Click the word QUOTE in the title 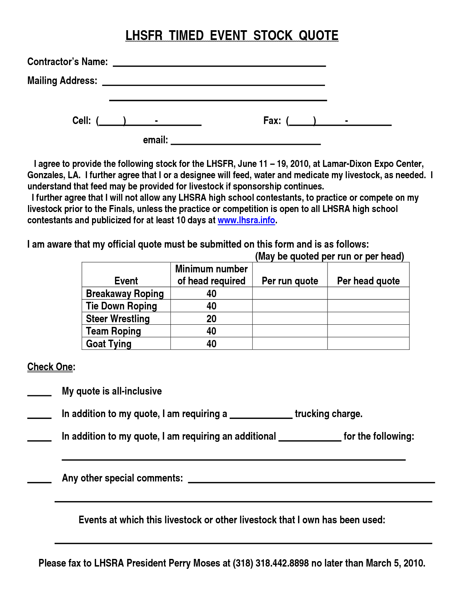pos(318,36)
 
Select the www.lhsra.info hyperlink pos(246,220)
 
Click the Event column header pos(126,281)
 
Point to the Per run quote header pos(290,281)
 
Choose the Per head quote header pos(368,281)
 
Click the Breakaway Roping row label pos(125,293)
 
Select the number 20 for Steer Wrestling pos(211,319)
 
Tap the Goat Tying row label pos(108,344)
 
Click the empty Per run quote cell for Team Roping pos(290,331)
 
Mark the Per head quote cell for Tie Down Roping pos(368,306)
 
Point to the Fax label pos(272,121)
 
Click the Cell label pos(81,121)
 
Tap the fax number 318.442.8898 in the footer pos(282,563)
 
